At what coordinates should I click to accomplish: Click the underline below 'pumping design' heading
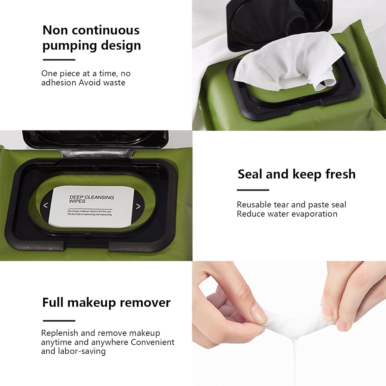pyautogui.click(x=59, y=60)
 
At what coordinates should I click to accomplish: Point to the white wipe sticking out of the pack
pyautogui.click(x=288, y=62)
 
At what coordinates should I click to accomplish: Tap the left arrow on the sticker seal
pyautogui.click(x=46, y=205)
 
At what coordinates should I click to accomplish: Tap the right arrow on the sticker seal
pyautogui.click(x=138, y=206)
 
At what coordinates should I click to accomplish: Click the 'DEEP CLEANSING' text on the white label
pyautogui.click(x=92, y=197)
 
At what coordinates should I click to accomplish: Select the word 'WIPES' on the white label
pyautogui.click(x=77, y=201)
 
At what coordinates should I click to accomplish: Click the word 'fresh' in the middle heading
pyautogui.click(x=340, y=174)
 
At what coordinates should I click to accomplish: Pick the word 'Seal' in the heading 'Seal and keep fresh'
pyautogui.click(x=250, y=174)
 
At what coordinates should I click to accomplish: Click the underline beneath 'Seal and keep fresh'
pyautogui.click(x=253, y=190)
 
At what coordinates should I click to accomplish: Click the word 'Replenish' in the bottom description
pyautogui.click(x=59, y=333)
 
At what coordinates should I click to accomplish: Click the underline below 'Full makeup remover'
pyautogui.click(x=59, y=321)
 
